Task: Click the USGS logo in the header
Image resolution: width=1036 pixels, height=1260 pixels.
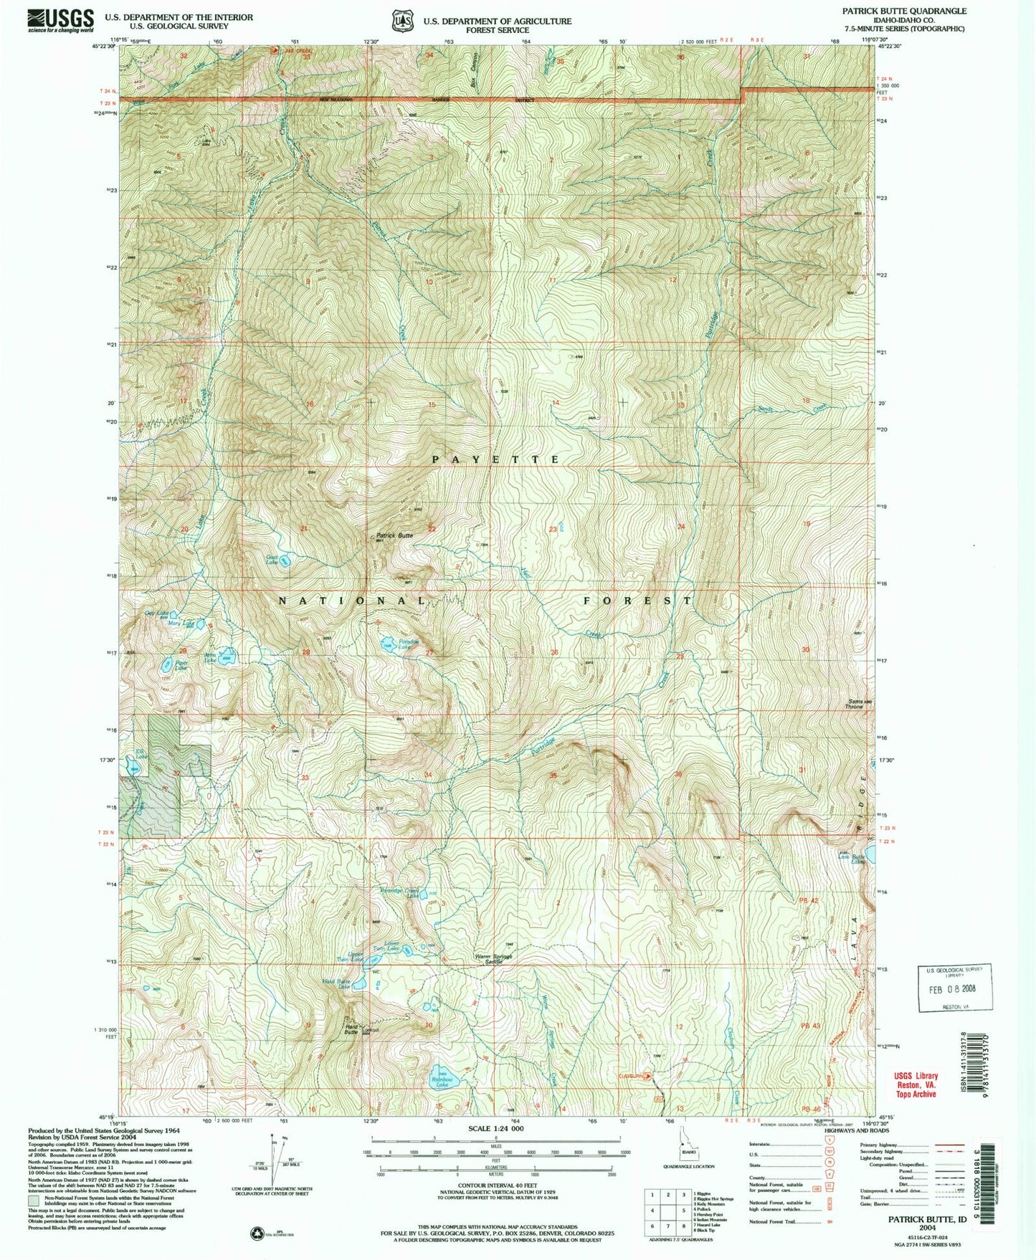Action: coord(61,19)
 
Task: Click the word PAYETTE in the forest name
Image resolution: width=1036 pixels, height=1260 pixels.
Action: coord(495,459)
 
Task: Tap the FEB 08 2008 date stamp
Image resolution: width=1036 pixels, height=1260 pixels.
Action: coord(952,988)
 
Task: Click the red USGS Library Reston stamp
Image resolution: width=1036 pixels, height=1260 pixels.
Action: coord(916,1084)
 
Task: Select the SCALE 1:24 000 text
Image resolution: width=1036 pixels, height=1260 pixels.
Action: coord(495,1128)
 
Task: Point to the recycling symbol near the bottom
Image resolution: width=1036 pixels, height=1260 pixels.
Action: coord(256,1233)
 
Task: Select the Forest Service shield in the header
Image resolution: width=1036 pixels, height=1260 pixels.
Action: coord(401,21)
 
